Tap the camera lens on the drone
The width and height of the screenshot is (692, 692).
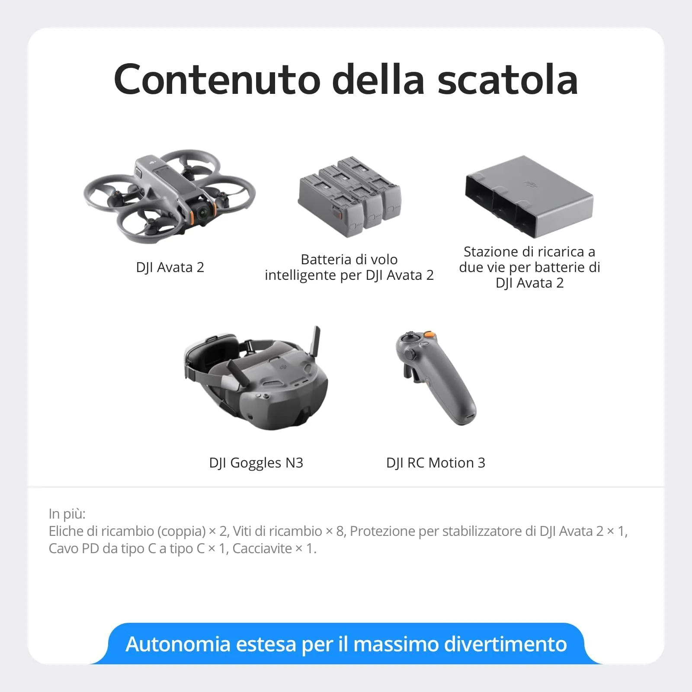coord(203,212)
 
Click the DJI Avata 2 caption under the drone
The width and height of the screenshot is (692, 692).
coord(170,267)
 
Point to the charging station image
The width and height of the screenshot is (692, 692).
coord(529,197)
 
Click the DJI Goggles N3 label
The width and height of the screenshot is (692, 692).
coord(256,463)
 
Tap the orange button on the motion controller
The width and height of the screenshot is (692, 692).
coord(429,334)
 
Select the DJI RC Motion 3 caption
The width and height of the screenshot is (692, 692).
coord(436,463)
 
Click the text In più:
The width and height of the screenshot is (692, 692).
coord(67,514)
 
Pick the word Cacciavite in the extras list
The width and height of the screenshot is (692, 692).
coord(262,548)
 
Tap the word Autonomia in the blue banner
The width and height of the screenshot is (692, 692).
coord(178,644)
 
